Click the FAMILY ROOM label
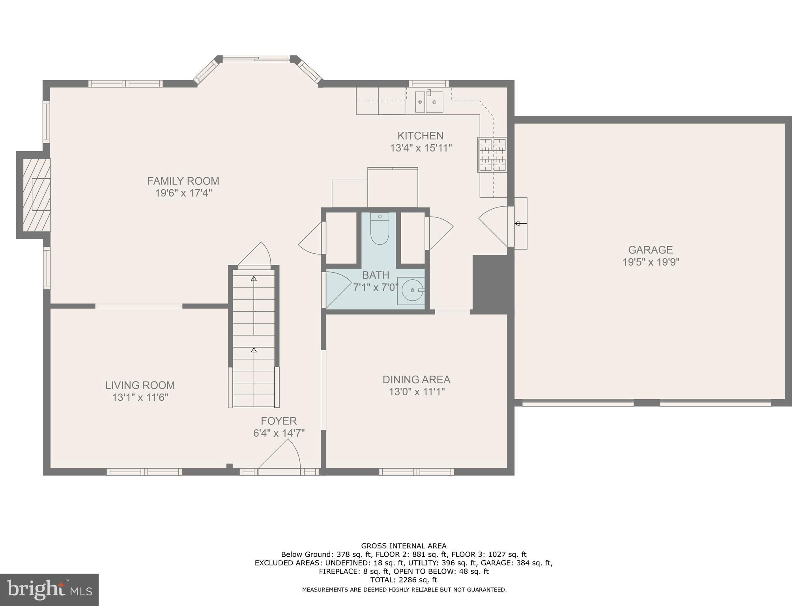click(x=183, y=181)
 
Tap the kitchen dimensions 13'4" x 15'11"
click(x=421, y=148)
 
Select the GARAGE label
click(x=650, y=250)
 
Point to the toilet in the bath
click(x=380, y=230)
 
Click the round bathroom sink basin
click(x=412, y=290)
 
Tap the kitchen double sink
click(x=429, y=102)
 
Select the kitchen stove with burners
click(x=492, y=155)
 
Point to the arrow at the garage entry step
click(x=520, y=224)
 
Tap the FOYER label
click(x=279, y=421)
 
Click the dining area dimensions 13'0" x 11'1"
click(x=417, y=392)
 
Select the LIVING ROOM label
click(x=140, y=385)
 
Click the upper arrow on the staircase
click(x=254, y=279)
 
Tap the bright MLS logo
click(x=49, y=589)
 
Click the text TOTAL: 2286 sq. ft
click(x=403, y=580)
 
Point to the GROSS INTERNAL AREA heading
click(x=404, y=546)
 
